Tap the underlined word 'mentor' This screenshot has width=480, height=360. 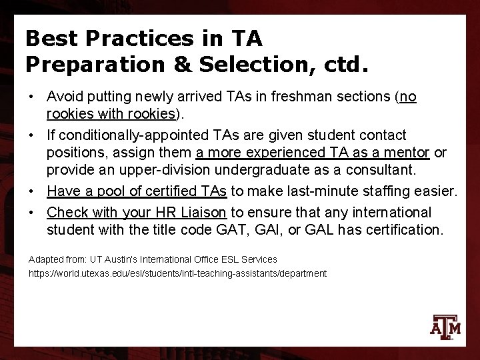(405, 153)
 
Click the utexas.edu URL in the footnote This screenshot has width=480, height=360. (177, 273)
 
